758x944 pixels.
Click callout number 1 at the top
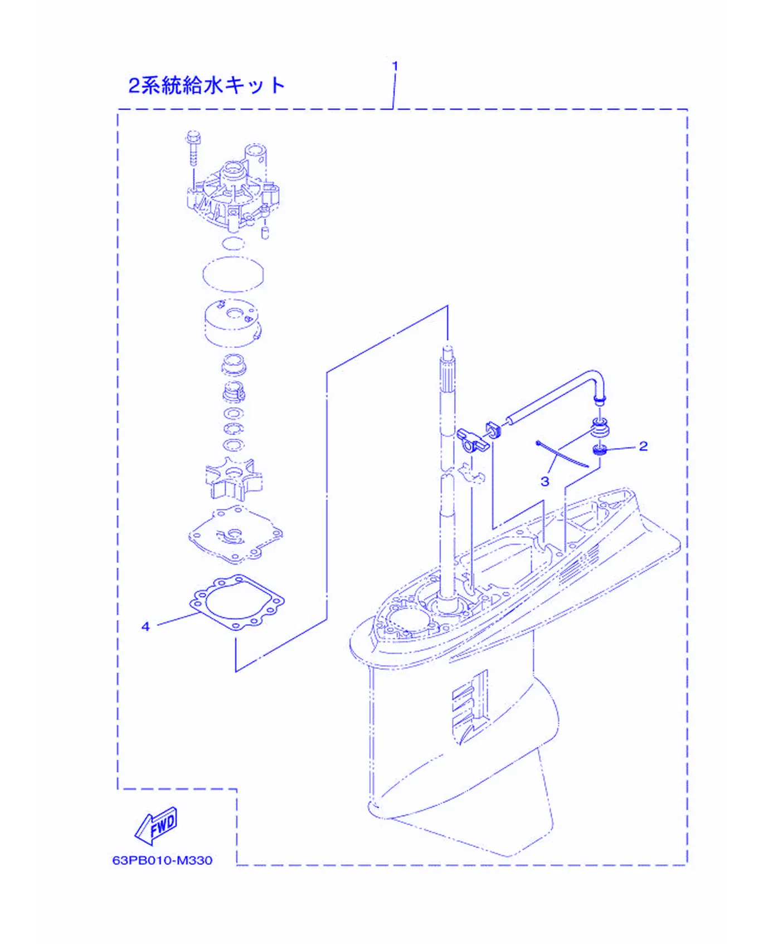tap(395, 66)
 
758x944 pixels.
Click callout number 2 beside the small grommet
tap(643, 446)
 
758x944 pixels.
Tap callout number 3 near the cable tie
tap(545, 481)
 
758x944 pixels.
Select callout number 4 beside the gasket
tap(145, 626)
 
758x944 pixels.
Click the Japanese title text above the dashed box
tap(207, 85)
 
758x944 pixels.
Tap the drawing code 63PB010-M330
tap(162, 860)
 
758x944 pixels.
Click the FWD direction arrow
tap(157, 825)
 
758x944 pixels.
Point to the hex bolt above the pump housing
tap(193, 147)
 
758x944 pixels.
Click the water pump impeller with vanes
tap(234, 479)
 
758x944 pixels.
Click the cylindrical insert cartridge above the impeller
tap(233, 323)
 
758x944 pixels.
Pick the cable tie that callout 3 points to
tap(562, 454)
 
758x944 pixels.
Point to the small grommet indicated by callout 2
tap(599, 449)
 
